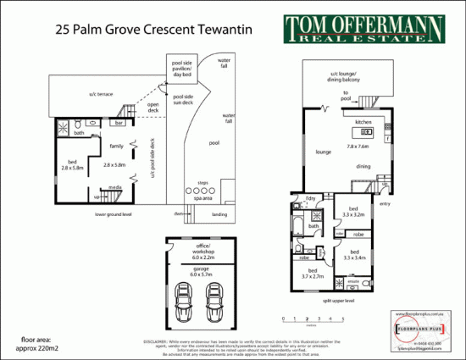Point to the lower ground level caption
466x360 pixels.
point(114,215)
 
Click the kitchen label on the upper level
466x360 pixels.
point(363,123)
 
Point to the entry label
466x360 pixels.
point(386,203)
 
